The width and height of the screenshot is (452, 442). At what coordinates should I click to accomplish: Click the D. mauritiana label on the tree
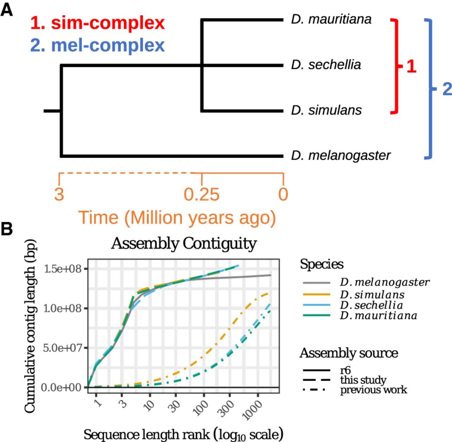pos(331,19)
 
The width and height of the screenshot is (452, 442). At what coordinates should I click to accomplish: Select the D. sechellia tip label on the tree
pos(326,65)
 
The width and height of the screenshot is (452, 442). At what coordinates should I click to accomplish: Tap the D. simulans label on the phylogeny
pos(326,110)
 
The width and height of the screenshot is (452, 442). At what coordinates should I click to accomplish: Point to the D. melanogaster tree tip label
pos(340,155)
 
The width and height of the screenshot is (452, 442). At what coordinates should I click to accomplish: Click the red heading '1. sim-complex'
pos(97,23)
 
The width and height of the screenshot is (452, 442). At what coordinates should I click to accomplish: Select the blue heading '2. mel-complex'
pos(97,46)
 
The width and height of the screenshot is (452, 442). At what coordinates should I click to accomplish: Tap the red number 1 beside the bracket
pos(411,66)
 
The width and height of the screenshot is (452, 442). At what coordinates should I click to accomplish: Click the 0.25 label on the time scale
pos(202,195)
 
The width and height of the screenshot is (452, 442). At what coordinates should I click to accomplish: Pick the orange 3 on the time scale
pos(59,194)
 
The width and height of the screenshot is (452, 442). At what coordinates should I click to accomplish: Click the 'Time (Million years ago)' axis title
pos(177,218)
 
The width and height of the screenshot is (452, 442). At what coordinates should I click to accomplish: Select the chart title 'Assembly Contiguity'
pos(184,244)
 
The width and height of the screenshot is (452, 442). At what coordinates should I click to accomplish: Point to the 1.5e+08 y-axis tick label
pos(63,269)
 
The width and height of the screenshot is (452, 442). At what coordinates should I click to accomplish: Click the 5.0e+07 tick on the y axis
pos(63,348)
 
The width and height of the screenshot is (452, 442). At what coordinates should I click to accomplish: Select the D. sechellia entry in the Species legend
pos(371,305)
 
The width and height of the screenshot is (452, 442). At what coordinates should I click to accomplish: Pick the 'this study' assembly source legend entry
pos(363,380)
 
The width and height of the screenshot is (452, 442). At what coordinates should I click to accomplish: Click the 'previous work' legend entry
pos(373,390)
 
